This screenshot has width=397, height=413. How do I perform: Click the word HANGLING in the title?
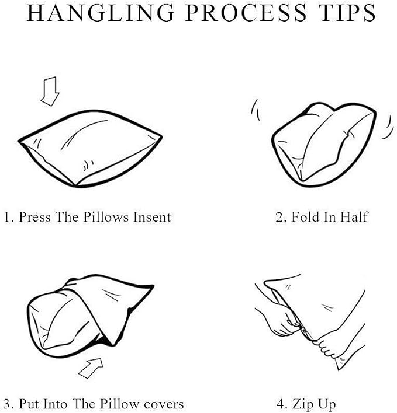tap(101, 13)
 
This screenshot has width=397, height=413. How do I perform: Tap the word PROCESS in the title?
tap(246, 13)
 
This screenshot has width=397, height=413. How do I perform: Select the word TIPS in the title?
tap(347, 13)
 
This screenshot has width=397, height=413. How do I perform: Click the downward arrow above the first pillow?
tap(50, 92)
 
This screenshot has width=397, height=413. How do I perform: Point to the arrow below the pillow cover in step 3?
tap(91, 368)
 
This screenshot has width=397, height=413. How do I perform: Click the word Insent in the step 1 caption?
tap(152, 218)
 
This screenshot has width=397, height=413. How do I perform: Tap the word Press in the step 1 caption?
tap(34, 218)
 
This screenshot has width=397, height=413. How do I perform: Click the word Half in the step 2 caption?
tap(354, 218)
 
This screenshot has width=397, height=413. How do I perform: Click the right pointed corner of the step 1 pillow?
tap(162, 136)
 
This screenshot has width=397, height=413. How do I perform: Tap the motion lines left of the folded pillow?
tap(256, 110)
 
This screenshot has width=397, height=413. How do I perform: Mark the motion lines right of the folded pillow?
tap(386, 127)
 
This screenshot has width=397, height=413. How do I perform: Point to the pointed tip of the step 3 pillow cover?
tap(153, 286)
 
